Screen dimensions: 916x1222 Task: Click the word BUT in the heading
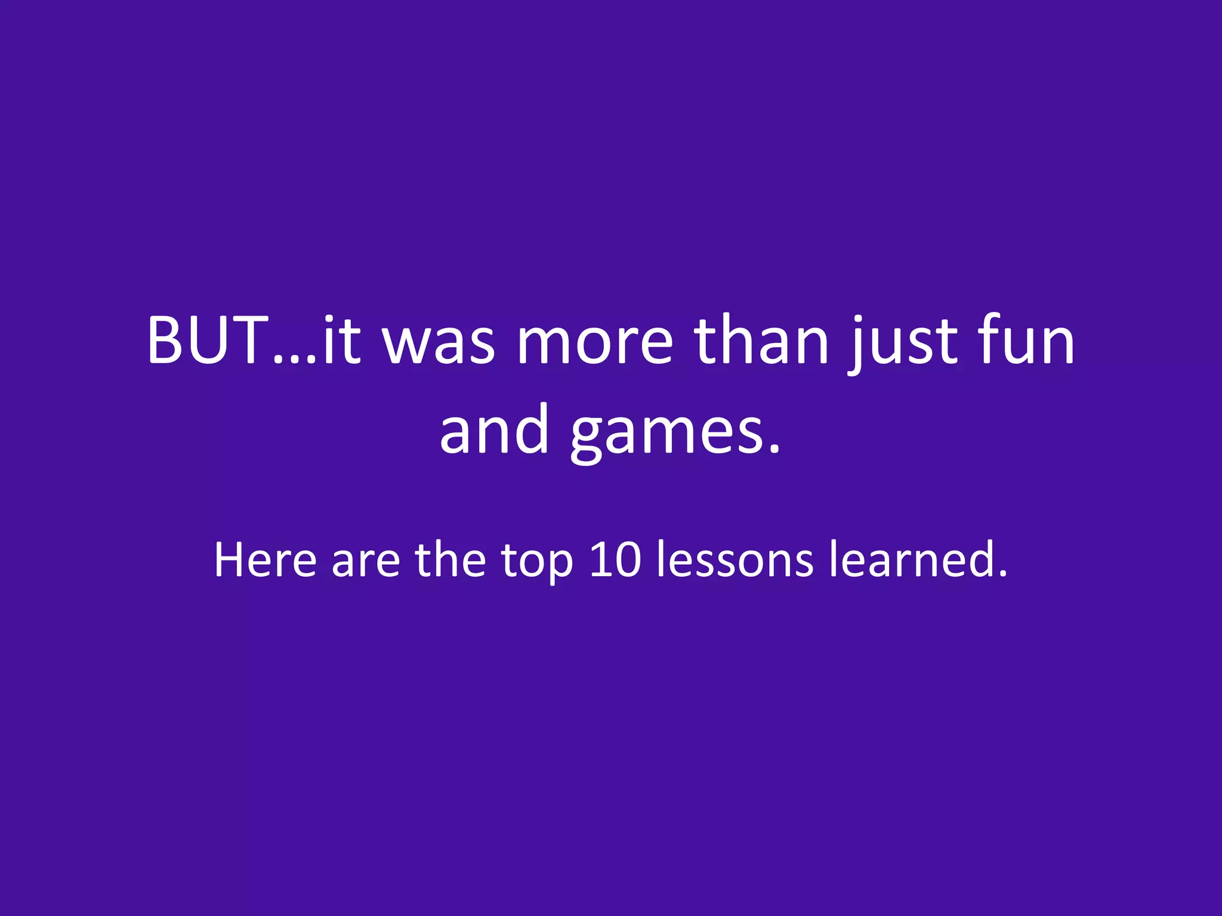pyautogui.click(x=207, y=340)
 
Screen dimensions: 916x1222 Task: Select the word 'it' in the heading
pyautogui.click(x=341, y=340)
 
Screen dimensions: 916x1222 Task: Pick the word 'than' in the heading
pyautogui.click(x=761, y=340)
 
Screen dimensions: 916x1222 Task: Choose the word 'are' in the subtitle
pyautogui.click(x=365, y=564)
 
